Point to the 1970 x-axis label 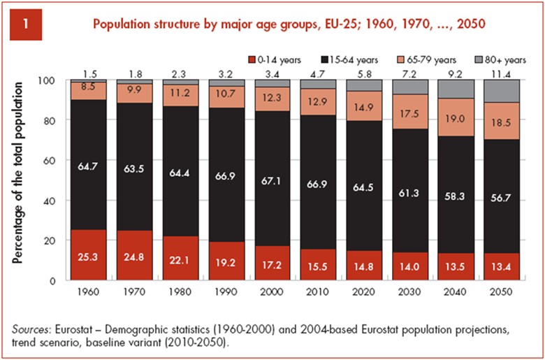pyautogui.click(x=133, y=289)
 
